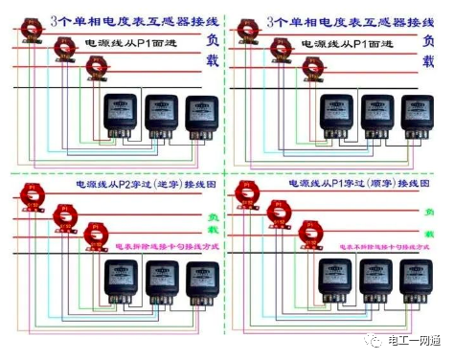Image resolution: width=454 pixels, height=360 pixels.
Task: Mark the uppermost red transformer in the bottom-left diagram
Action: pos(28,195)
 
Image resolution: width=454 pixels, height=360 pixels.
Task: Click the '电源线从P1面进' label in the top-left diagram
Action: pos(131,45)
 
